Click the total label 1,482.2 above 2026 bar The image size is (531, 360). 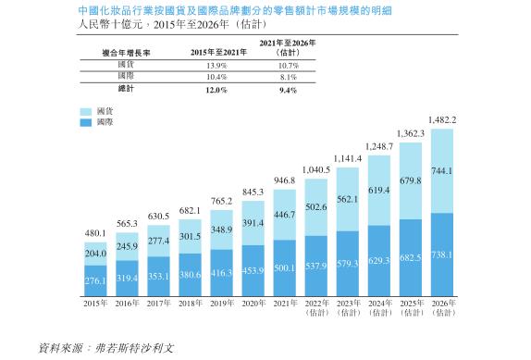(441, 120)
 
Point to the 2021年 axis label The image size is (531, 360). (285, 303)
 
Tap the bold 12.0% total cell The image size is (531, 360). (217, 90)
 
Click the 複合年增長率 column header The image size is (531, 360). (127, 53)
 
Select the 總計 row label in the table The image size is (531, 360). (127, 90)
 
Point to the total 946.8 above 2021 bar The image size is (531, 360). (285, 181)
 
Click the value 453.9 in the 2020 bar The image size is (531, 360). (253, 270)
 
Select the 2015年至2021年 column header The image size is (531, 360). (217, 53)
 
